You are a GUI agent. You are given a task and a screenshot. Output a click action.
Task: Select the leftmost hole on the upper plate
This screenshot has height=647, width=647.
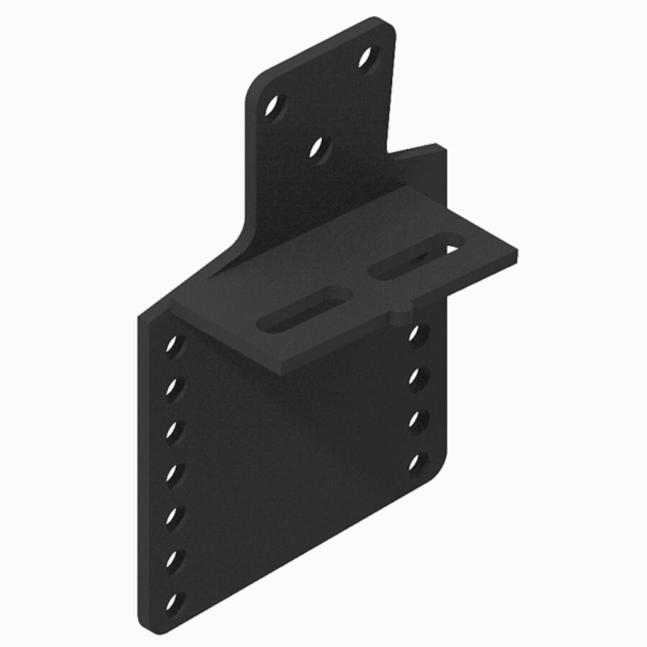pyautogui.click(x=274, y=106)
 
